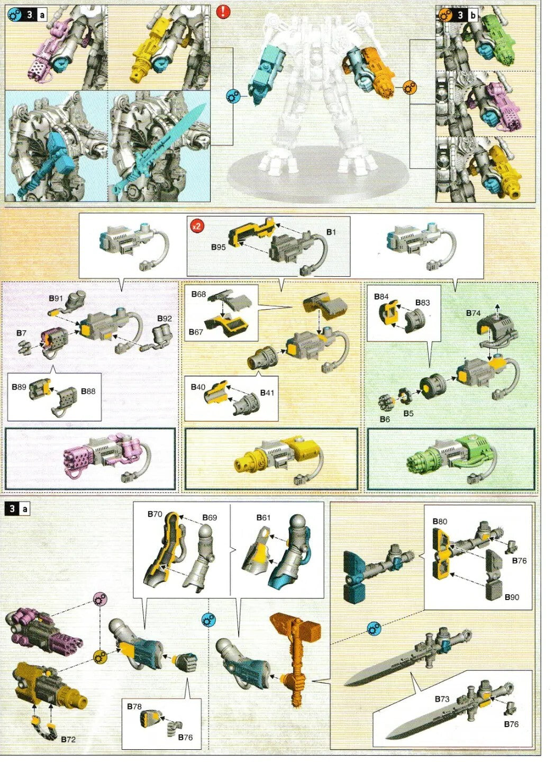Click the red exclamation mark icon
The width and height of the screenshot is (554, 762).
[x=223, y=12]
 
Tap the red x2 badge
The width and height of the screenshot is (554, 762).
[x=196, y=226]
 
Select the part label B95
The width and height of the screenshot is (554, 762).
[x=218, y=247]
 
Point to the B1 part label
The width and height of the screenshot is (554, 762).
[x=331, y=232]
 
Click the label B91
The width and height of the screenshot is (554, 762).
[x=56, y=298]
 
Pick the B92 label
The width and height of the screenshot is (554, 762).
[x=164, y=319]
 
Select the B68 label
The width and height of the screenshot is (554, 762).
[x=198, y=294]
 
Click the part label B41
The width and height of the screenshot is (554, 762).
[x=267, y=393]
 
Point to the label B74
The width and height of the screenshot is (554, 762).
[x=474, y=313]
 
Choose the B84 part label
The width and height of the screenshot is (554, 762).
[x=381, y=296]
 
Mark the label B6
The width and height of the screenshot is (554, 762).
[x=385, y=420]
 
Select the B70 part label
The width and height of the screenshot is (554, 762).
[x=155, y=514]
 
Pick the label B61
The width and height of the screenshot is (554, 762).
[x=264, y=518]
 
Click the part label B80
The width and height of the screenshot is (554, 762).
[x=440, y=521]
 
